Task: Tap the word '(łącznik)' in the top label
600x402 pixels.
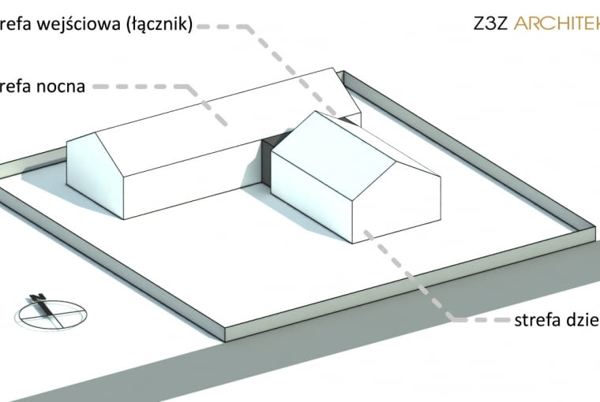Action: point(158,24)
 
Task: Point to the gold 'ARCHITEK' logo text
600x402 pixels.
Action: point(556,23)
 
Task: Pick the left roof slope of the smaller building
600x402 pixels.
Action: point(332,146)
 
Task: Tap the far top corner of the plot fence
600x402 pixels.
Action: point(341,73)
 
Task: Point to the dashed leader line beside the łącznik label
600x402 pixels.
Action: point(229,25)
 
